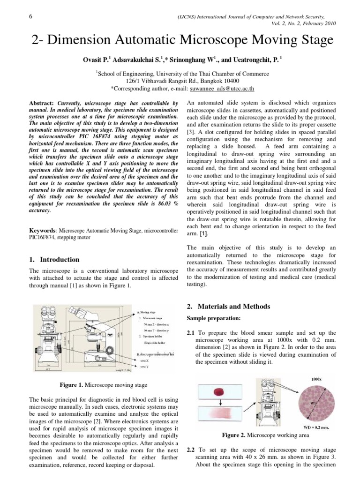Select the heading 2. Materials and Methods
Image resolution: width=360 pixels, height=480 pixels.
click(228, 307)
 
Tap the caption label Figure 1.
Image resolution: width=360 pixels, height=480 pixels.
click(72, 385)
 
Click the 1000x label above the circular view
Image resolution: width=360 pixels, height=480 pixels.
click(315, 378)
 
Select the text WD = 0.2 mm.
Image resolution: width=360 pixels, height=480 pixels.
click(317, 427)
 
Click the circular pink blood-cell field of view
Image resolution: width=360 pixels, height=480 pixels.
click(316, 402)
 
